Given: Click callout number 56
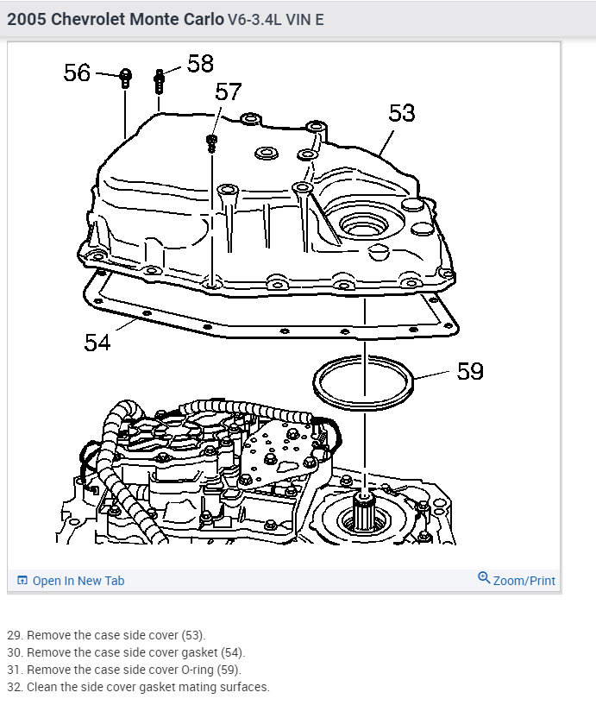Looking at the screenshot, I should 77,72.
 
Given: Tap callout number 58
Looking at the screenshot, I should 199,63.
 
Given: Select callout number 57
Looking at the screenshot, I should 228,92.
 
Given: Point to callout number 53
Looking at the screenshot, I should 402,113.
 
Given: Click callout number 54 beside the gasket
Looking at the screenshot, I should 97,342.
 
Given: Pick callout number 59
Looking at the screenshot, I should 470,371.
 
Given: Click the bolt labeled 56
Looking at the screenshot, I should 125,78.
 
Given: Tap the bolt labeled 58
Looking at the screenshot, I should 160,81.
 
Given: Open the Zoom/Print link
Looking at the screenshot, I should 524,581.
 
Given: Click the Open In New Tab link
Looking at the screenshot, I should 78,581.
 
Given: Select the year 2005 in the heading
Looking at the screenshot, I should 27,19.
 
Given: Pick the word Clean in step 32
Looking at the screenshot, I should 42,687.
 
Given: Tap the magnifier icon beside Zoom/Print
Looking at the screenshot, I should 484,578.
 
